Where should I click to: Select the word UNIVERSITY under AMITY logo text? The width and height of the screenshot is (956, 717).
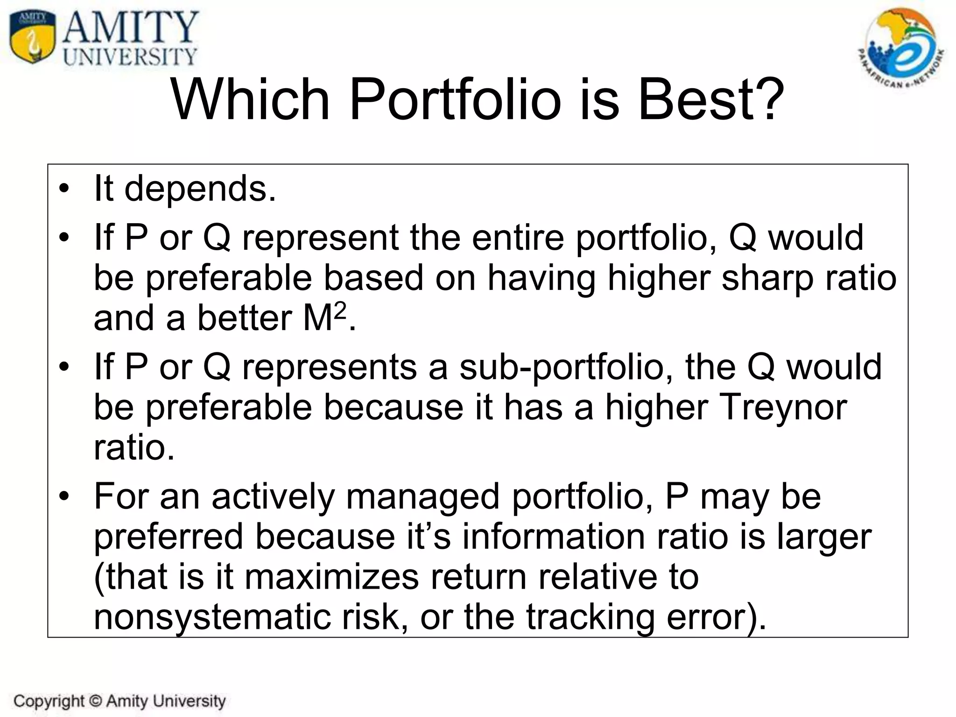click(130, 57)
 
